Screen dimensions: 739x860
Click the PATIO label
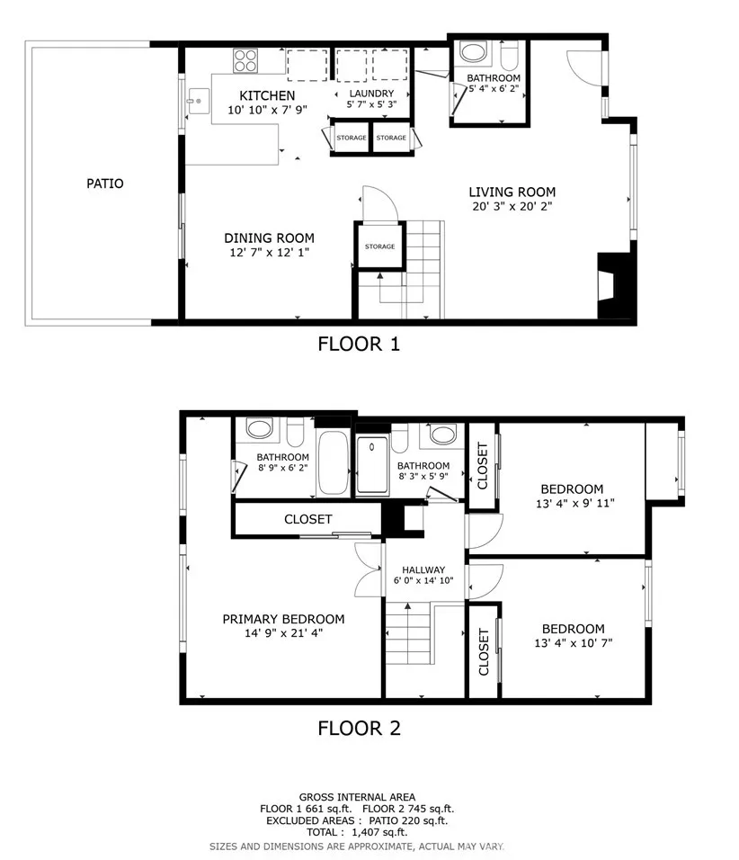[x=104, y=184]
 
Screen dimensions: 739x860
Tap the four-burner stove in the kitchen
[x=245, y=61]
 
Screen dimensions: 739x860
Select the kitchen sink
[x=199, y=102]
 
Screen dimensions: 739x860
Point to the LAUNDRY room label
[x=371, y=94]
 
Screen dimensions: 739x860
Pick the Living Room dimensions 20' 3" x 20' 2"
[x=512, y=206]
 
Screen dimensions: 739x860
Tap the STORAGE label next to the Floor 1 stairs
[x=380, y=246]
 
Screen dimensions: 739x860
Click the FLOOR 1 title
[x=359, y=344]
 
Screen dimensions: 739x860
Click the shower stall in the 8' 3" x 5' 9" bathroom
[x=372, y=465]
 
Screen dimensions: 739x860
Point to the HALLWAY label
[x=423, y=569]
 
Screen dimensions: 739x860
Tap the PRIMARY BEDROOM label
[x=283, y=619]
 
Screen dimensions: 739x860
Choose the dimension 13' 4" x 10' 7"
[x=574, y=643]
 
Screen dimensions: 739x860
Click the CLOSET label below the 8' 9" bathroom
[x=308, y=519]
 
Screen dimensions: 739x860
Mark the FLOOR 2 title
[x=360, y=729]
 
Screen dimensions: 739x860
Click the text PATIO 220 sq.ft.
[x=408, y=820]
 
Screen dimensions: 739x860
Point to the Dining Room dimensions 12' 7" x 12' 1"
[x=269, y=252]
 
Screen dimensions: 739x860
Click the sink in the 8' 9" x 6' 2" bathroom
[x=259, y=428]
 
